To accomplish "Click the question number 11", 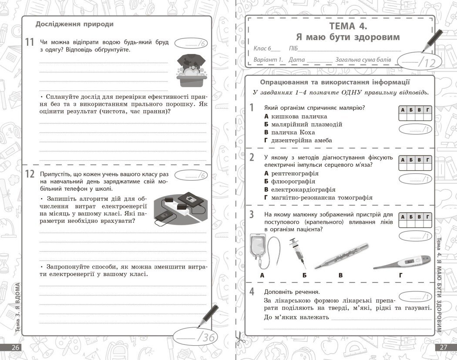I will tap(30, 43).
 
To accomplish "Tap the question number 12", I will tap(30, 174).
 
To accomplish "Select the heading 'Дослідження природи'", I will tap(74, 24).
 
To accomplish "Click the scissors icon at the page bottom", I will tap(239, 339).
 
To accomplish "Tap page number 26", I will tap(16, 347).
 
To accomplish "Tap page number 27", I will tap(444, 347).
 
